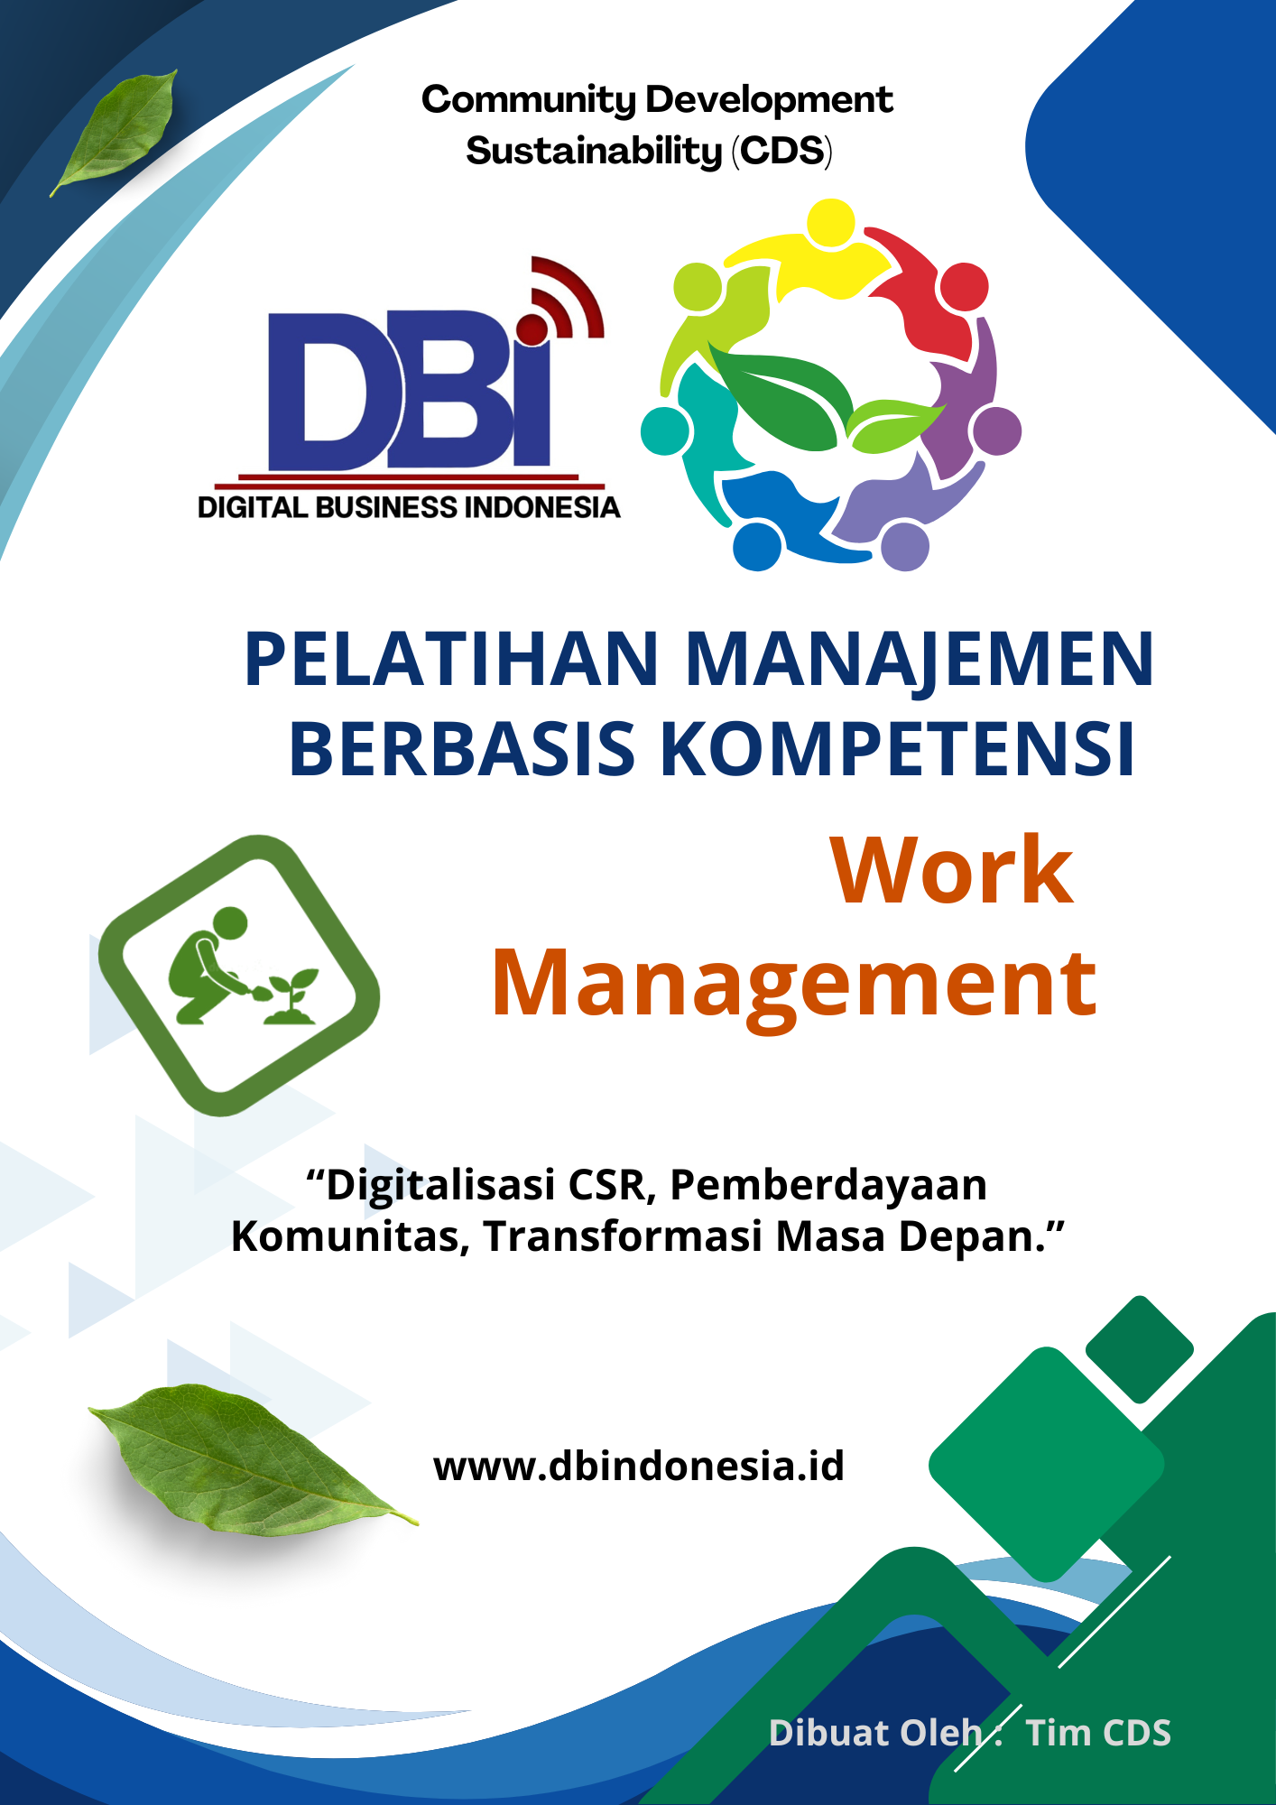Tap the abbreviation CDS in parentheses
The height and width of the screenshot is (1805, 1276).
(x=781, y=151)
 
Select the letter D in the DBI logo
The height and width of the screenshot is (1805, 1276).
(x=329, y=390)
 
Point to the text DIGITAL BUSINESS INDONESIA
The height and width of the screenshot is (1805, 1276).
(x=409, y=507)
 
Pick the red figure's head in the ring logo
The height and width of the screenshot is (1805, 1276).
(x=963, y=287)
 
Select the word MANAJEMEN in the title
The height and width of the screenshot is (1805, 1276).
(x=920, y=660)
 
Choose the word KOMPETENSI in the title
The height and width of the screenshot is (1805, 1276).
(x=898, y=749)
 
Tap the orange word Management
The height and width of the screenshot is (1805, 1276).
(x=794, y=984)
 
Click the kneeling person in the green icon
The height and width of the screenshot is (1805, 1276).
(x=208, y=966)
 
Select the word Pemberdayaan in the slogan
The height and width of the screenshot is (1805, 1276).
(x=828, y=1185)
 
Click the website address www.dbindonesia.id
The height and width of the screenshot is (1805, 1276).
(x=639, y=1466)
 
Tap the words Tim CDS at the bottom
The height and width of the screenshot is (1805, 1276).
(x=1098, y=1732)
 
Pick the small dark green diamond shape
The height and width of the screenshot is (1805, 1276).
(x=1139, y=1349)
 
